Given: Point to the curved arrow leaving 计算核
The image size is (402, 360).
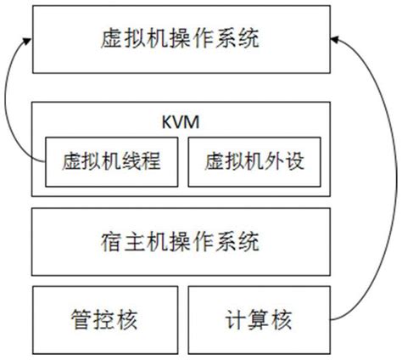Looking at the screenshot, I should coord(386,187).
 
